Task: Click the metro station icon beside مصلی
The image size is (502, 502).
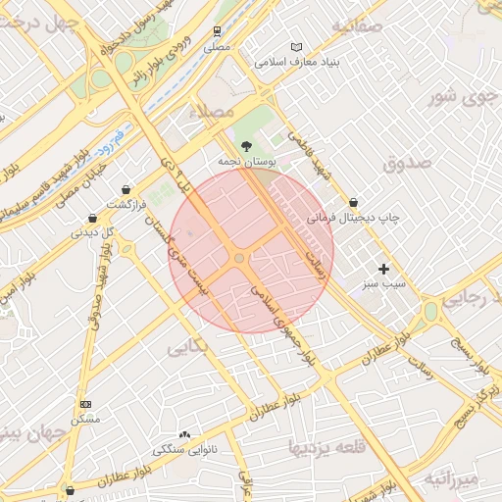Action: [x=219, y=30]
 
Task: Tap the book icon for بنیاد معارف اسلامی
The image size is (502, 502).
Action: [x=298, y=46]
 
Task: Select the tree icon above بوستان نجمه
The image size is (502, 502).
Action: [x=245, y=143]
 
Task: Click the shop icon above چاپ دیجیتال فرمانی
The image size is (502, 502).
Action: [x=353, y=203]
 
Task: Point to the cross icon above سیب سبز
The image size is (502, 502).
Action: [x=383, y=268]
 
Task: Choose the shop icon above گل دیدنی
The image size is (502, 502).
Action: [x=92, y=218]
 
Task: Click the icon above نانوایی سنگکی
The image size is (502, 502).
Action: [x=184, y=433]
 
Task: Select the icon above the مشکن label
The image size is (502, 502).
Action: [x=85, y=404]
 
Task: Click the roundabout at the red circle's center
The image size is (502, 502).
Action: [x=239, y=258]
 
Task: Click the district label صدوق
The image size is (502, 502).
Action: [x=407, y=164]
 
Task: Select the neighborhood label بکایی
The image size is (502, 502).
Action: [x=188, y=347]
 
